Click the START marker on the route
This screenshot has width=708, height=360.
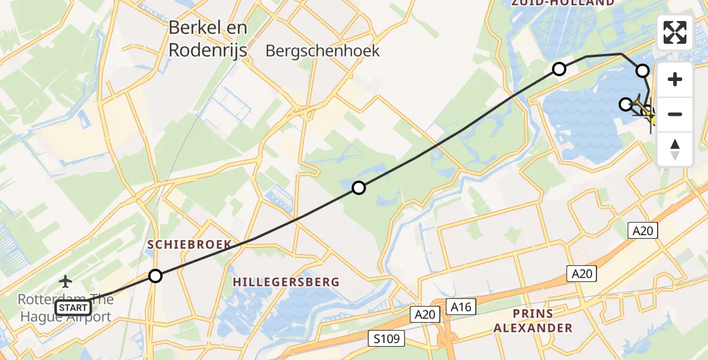(73, 308)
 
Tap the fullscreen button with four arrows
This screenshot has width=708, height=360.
(675, 32)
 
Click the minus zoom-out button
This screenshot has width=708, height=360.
(675, 114)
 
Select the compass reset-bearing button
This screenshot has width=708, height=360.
(675, 149)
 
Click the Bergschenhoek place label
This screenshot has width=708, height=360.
(323, 51)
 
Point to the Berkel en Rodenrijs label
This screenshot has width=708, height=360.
(208, 39)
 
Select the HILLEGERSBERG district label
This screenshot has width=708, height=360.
(286, 281)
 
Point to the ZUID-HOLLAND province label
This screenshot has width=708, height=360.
(562, 3)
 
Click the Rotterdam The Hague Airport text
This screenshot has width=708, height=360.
(64, 308)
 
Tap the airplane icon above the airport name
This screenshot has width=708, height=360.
(65, 281)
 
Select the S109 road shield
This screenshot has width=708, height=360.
(386, 338)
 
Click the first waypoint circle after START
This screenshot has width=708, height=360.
(155, 276)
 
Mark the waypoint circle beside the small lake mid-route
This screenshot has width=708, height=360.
(359, 188)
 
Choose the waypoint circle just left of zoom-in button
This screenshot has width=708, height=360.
(643, 71)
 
